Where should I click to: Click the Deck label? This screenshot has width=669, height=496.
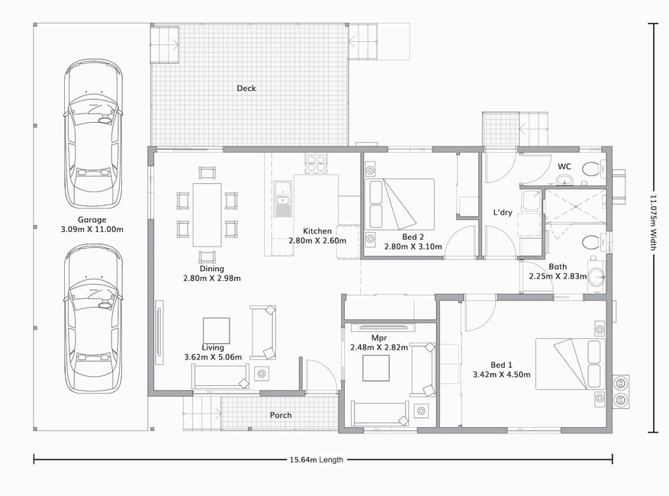pos(246,89)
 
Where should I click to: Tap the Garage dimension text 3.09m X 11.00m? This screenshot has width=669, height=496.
pos(92,229)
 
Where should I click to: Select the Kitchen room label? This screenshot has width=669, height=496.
pos(317,231)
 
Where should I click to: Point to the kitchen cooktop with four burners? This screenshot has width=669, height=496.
pos(316,163)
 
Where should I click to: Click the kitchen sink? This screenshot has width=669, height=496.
pos(282,198)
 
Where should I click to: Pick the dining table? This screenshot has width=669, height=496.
pos(207,214)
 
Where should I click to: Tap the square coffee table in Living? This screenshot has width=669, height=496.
pos(217,330)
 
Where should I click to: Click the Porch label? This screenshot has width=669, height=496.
pos(281,415)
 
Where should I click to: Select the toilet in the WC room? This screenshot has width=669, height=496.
pos(591,168)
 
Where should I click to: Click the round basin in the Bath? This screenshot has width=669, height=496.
pos(596,275)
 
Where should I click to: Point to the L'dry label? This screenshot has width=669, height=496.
pos(503,212)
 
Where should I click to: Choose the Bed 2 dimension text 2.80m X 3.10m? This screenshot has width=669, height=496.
pos(413,246)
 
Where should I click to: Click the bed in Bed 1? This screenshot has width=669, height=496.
pos(571,364)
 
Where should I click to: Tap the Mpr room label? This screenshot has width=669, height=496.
pos(379,338)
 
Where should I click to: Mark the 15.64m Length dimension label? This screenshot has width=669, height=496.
pos(316,459)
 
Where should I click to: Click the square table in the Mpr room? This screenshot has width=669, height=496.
pos(376,368)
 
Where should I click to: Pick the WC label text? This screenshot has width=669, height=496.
pos(564,166)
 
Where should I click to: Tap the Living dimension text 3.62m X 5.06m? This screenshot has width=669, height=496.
pos(213,357)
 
